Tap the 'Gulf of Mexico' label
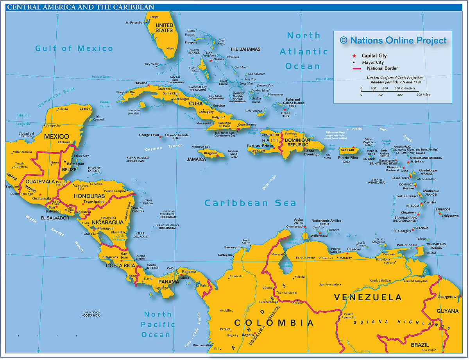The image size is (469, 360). click(74, 48)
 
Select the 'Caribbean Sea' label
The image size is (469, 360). click(250, 203)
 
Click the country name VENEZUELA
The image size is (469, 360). click(368, 298)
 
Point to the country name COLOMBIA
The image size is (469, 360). click(274, 323)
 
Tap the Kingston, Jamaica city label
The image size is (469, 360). click(211, 153)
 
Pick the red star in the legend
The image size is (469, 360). click(354, 56)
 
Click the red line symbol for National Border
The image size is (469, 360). click(356, 69)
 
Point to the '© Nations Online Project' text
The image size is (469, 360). click(393, 40)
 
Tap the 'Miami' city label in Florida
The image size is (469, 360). click(171, 48)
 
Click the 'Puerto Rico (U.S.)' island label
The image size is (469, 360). click(348, 158)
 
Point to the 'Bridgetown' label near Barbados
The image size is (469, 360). click(449, 216)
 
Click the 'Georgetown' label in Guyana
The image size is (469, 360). click(448, 297)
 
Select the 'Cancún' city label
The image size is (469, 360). click(85, 109)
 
